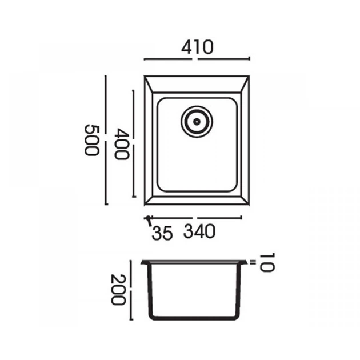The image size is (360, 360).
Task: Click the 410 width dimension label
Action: pyautogui.click(x=197, y=47)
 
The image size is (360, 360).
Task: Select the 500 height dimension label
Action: pyautogui.click(x=92, y=140)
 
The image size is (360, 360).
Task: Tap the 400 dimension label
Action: pyautogui.click(x=122, y=144)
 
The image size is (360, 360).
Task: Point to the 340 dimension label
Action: pyautogui.click(x=199, y=231)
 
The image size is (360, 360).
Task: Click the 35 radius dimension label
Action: pyautogui.click(x=162, y=233)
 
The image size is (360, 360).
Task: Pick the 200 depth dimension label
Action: pyautogui.click(x=118, y=290)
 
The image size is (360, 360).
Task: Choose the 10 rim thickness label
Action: pyautogui.click(x=267, y=262)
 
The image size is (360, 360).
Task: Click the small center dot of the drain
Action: pyautogui.click(x=197, y=122)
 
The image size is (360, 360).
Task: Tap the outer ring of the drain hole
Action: pyautogui.click(x=197, y=106)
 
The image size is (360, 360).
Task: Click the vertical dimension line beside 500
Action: pyautogui.click(x=106, y=140)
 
